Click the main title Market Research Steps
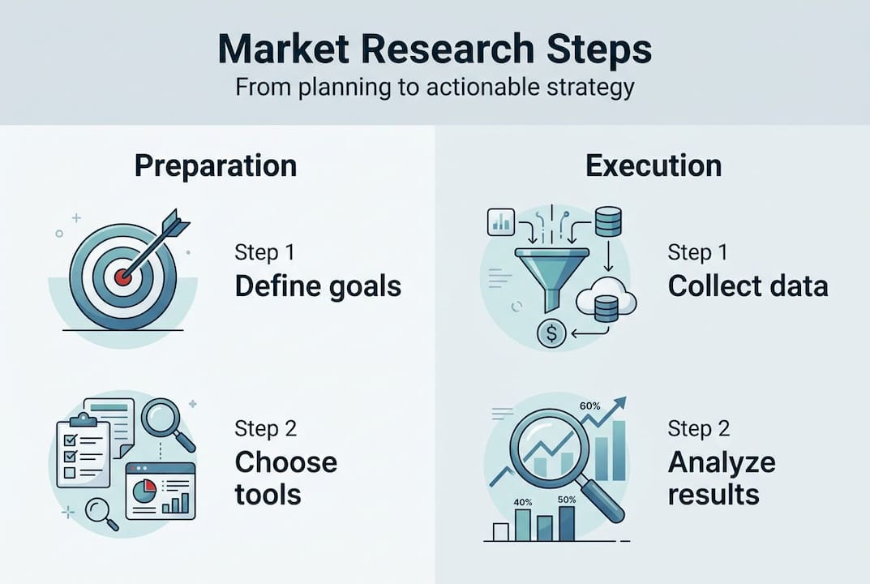coord(435,50)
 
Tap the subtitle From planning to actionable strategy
coord(435,88)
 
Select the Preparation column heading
coord(216,165)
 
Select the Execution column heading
coord(654,165)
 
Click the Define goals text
coord(318,286)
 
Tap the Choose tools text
coord(285,478)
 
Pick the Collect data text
coord(748,286)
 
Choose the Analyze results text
coord(721,478)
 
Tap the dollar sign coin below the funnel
coord(551,333)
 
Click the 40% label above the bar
coord(524,502)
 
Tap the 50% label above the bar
coord(567,500)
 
